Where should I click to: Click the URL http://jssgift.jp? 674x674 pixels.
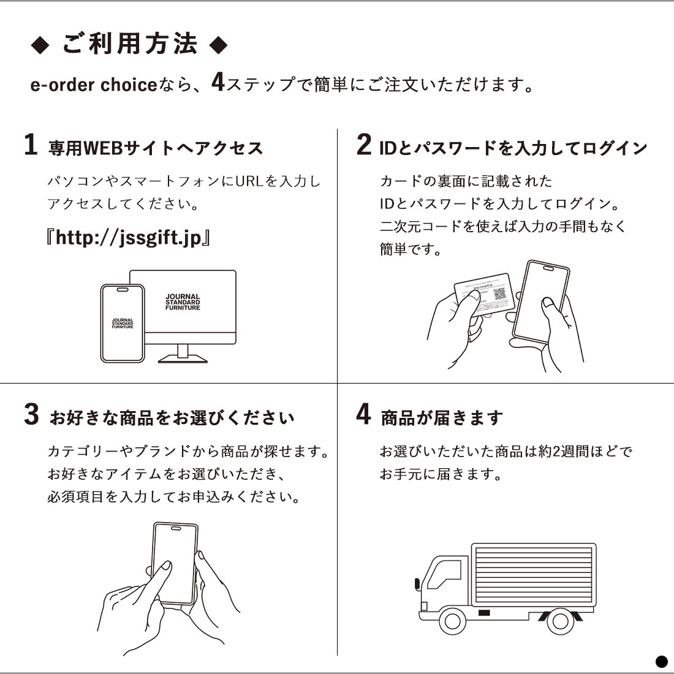coord(128,238)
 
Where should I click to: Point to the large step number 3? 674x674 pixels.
coord(31,415)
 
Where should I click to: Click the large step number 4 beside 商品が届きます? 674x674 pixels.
coord(363,414)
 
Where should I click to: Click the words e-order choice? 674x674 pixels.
coord(94,85)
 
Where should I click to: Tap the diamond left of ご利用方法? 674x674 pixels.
coord(40,46)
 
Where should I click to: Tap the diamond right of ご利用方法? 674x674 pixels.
coord(218,45)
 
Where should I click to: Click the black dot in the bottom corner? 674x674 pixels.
coord(661,661)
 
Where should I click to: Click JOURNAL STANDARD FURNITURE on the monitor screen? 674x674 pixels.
coord(183,302)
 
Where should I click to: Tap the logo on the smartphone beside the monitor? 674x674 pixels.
coord(123,324)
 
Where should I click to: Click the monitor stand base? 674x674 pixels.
coord(183,360)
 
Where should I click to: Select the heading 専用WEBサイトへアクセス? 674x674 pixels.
coord(156,148)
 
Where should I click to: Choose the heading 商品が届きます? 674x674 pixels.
coord(442,418)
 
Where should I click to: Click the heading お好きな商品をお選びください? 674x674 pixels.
coord(172,418)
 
